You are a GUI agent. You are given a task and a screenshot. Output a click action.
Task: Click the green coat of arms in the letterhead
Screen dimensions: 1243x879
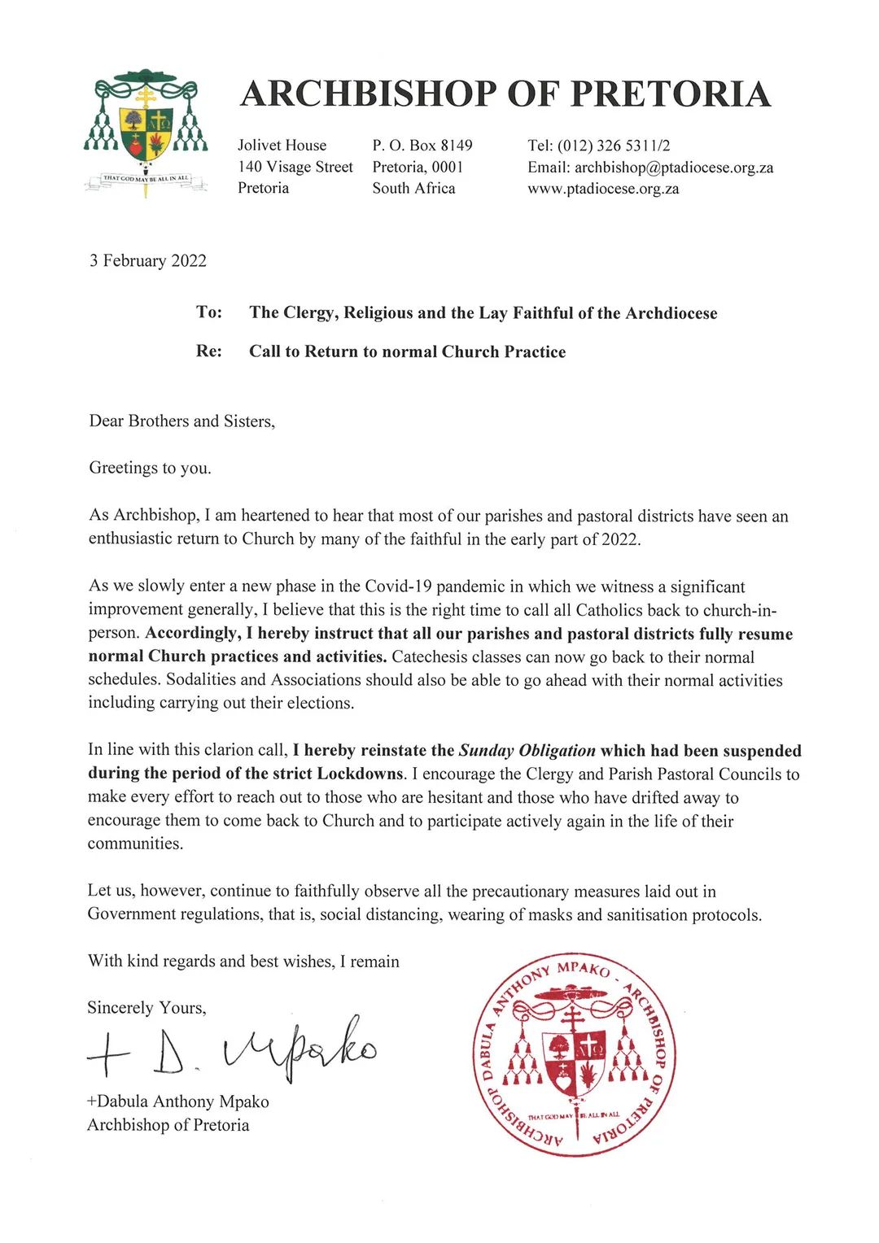146,132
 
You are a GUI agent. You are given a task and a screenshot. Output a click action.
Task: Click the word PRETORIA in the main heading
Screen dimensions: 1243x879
670,94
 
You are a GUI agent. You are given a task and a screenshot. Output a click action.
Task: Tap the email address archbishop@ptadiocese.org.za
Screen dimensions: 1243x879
674,168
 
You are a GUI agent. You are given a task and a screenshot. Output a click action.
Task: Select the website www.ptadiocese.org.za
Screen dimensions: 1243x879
603,189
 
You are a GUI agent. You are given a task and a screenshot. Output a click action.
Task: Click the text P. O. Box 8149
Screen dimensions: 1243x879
422,146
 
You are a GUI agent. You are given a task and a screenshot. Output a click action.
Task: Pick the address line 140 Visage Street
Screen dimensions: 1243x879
295,167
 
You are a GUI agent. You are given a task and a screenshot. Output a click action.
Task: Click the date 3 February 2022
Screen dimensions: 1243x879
148,261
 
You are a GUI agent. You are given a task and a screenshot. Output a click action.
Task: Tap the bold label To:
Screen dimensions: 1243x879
209,312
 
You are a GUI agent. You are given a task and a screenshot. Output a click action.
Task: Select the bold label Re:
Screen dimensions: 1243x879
209,351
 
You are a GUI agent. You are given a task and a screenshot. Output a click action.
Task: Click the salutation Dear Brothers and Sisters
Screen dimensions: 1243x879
181,421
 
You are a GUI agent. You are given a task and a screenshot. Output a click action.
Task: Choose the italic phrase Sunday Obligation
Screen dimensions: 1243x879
527,751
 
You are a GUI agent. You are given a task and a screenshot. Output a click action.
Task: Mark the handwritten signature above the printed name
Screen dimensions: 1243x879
233,1050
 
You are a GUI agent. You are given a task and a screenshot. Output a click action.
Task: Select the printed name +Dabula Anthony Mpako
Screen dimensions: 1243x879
178,1102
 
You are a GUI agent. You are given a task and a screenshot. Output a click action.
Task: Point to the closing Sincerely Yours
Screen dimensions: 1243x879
146,1008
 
